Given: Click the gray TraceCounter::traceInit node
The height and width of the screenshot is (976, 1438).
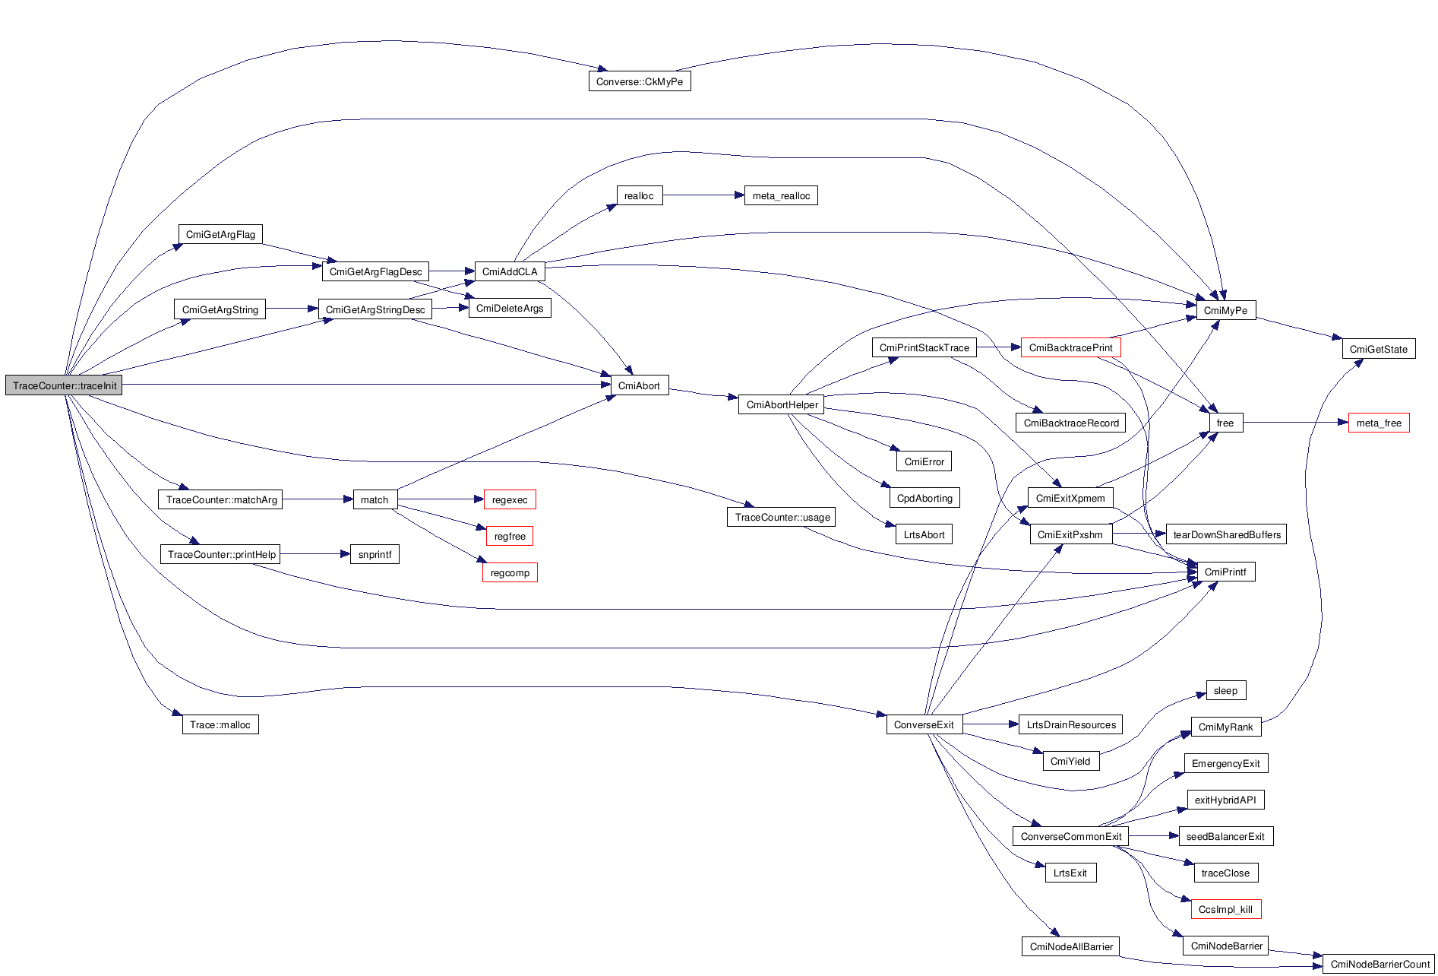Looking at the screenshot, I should [x=64, y=385].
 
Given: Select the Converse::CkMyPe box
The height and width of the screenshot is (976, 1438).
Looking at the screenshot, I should [x=639, y=81].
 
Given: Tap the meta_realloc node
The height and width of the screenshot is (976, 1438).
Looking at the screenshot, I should [x=781, y=195].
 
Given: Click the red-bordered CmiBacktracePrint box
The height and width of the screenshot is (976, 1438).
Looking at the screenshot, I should [x=1070, y=347].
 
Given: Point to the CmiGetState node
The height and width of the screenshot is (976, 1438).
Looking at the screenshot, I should [x=1378, y=349].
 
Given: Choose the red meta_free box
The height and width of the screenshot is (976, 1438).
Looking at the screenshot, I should [x=1379, y=423].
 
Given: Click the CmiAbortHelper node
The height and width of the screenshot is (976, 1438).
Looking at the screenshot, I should [x=782, y=404].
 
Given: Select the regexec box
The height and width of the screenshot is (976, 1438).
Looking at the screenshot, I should [x=509, y=499].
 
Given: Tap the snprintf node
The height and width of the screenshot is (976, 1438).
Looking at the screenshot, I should [x=375, y=554].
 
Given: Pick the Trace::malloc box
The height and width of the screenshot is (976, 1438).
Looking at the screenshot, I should [x=220, y=724].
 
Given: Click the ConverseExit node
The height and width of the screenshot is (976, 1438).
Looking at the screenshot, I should [x=924, y=724].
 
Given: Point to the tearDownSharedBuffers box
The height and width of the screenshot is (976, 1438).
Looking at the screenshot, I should [x=1226, y=534].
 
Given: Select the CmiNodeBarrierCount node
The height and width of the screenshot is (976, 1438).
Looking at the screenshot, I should [x=1380, y=964].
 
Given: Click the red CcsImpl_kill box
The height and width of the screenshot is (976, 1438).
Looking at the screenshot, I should [x=1225, y=909].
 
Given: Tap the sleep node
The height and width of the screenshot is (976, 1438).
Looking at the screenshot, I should [x=1225, y=690].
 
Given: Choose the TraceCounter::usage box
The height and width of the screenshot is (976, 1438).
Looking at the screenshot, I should [x=782, y=517].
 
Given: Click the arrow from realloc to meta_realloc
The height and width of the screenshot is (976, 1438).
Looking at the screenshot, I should [x=703, y=195].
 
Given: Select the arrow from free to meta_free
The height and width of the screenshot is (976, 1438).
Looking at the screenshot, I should [x=1295, y=423].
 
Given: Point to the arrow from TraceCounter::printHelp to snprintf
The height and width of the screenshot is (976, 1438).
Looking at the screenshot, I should [x=314, y=554].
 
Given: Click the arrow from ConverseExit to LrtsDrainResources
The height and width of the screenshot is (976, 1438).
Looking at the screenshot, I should [x=990, y=724].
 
